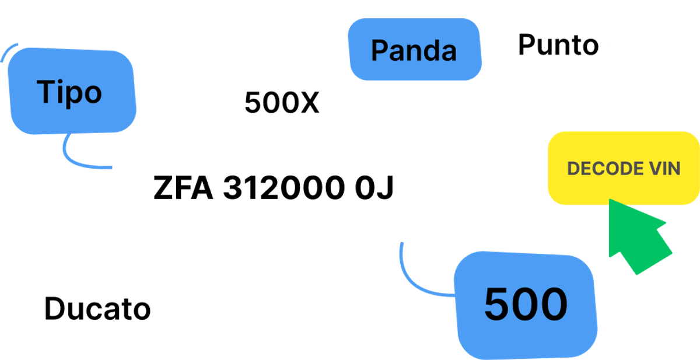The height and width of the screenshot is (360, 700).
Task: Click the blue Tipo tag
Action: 72,91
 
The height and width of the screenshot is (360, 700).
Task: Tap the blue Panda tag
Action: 415,50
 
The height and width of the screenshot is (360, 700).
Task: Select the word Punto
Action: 558,45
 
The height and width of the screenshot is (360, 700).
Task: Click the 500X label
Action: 282,102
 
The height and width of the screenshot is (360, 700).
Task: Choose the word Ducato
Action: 97,309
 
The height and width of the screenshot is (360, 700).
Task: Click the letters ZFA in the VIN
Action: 183,187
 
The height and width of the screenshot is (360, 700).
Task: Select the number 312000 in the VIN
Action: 283,187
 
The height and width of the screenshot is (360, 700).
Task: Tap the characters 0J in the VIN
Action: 374,187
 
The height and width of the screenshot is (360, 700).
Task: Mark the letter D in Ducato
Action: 54,309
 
